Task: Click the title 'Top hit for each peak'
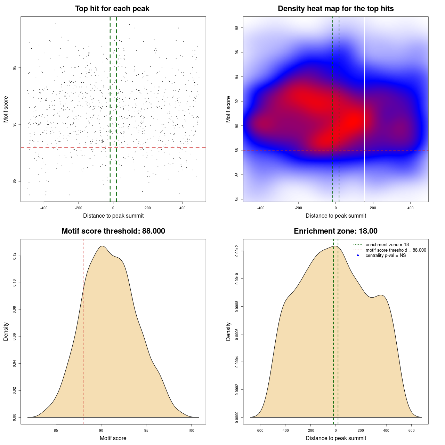point(112,9)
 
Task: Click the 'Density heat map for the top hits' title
point(335,9)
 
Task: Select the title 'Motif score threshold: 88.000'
point(113,231)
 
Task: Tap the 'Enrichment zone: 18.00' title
point(335,231)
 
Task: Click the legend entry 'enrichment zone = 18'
point(387,245)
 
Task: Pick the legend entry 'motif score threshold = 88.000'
point(396,250)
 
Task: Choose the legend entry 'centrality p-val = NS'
point(386,256)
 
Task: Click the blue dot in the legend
point(358,256)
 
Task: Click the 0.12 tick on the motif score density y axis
point(14,256)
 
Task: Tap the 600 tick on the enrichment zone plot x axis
point(412,430)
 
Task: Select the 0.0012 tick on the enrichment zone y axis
point(237,251)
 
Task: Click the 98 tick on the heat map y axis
point(237,28)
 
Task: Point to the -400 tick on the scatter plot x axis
point(44,208)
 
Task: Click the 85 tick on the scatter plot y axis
point(14,181)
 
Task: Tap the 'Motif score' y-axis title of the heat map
point(228,109)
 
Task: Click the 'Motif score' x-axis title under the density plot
point(113,438)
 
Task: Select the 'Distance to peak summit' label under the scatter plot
point(113,216)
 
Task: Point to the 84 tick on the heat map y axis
point(237,199)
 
